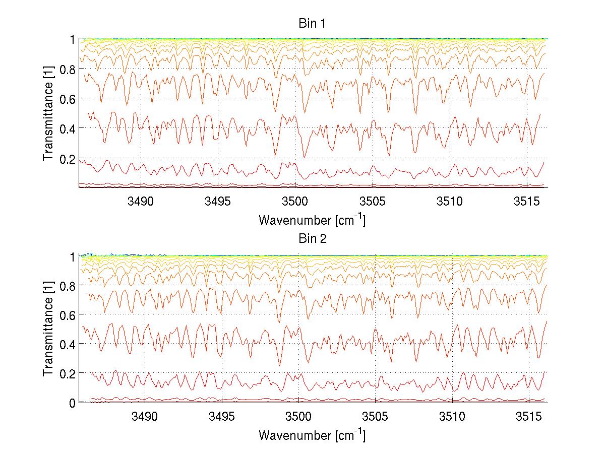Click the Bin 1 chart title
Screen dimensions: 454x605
pyautogui.click(x=313, y=24)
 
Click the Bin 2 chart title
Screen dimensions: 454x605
pyautogui.click(x=313, y=238)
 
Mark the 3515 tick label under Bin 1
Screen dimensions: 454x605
pyautogui.click(x=527, y=202)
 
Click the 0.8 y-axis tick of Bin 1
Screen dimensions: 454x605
pyautogui.click(x=67, y=69)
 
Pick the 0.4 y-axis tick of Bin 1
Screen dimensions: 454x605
pyautogui.click(x=67, y=129)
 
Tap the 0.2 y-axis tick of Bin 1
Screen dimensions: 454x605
pyautogui.click(x=67, y=159)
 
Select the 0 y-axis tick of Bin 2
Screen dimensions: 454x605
pyautogui.click(x=72, y=403)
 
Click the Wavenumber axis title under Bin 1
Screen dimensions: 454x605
pyautogui.click(x=312, y=220)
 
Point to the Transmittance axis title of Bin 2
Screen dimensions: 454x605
pyautogui.click(x=48, y=330)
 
